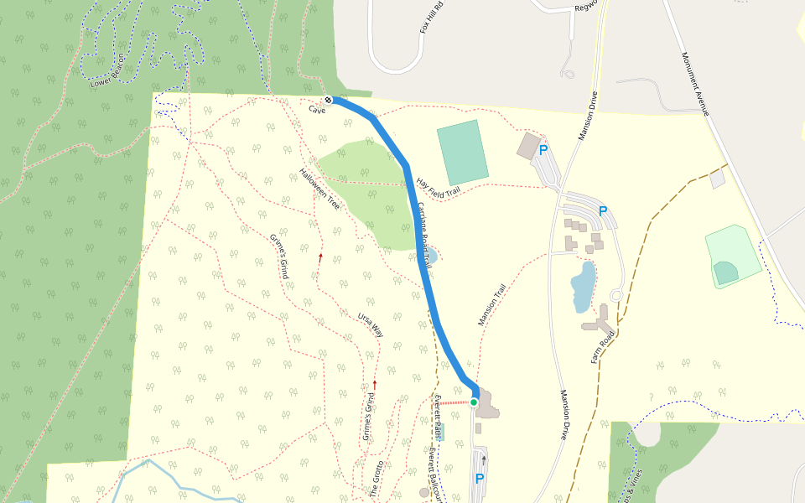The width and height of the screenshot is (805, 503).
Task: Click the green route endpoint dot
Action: click(x=474, y=402)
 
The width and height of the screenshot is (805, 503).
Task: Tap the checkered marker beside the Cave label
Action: click(x=329, y=101)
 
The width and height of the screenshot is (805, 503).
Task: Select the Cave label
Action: click(x=316, y=110)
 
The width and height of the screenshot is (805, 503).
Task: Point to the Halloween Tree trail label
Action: click(x=319, y=189)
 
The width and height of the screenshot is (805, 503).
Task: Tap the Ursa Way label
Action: click(x=371, y=324)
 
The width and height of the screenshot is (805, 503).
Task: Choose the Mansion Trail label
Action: click(x=493, y=304)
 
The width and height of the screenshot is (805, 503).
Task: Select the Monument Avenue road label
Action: click(x=696, y=84)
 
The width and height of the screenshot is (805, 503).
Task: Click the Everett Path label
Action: click(x=437, y=417)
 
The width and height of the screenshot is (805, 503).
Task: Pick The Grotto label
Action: click(x=377, y=480)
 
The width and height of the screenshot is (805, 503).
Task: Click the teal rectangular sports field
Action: click(x=462, y=152)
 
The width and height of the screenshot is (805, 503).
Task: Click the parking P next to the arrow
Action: click(x=480, y=479)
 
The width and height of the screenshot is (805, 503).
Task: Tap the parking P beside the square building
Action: click(x=543, y=151)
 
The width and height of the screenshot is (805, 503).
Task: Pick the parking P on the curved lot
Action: click(x=602, y=211)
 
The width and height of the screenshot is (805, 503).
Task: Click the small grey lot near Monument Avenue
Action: click(x=717, y=179)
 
